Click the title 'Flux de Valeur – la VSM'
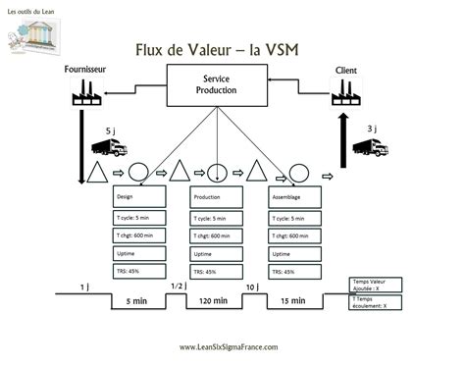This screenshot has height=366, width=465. (x=232, y=48)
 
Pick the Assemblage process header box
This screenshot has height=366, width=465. (x=295, y=197)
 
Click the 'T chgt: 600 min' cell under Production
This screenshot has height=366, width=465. (x=219, y=235)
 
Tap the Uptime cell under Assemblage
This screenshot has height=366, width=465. (x=295, y=253)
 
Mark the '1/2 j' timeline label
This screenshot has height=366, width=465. (x=177, y=286)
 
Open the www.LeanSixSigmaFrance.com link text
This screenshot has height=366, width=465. (x=232, y=346)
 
